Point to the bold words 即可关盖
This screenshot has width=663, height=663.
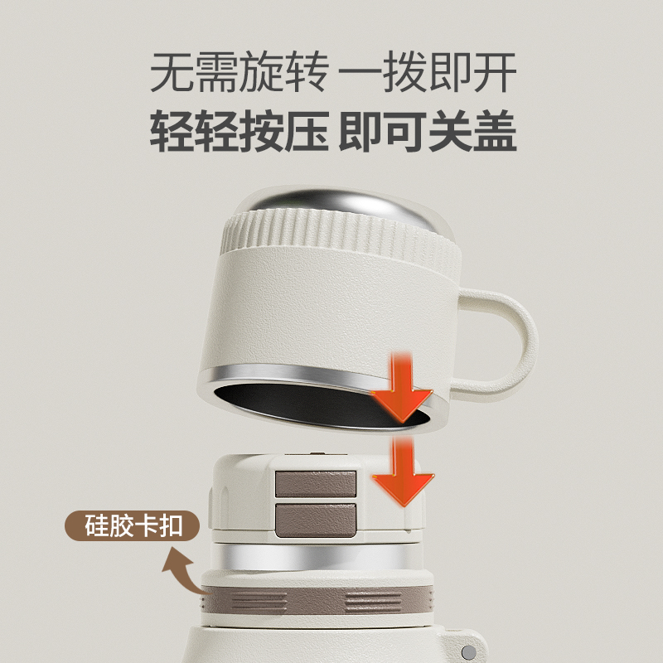point(429,133)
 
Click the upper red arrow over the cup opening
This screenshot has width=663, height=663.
point(402,383)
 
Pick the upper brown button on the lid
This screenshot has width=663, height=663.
point(316,482)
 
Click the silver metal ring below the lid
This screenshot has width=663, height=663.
point(315,554)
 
